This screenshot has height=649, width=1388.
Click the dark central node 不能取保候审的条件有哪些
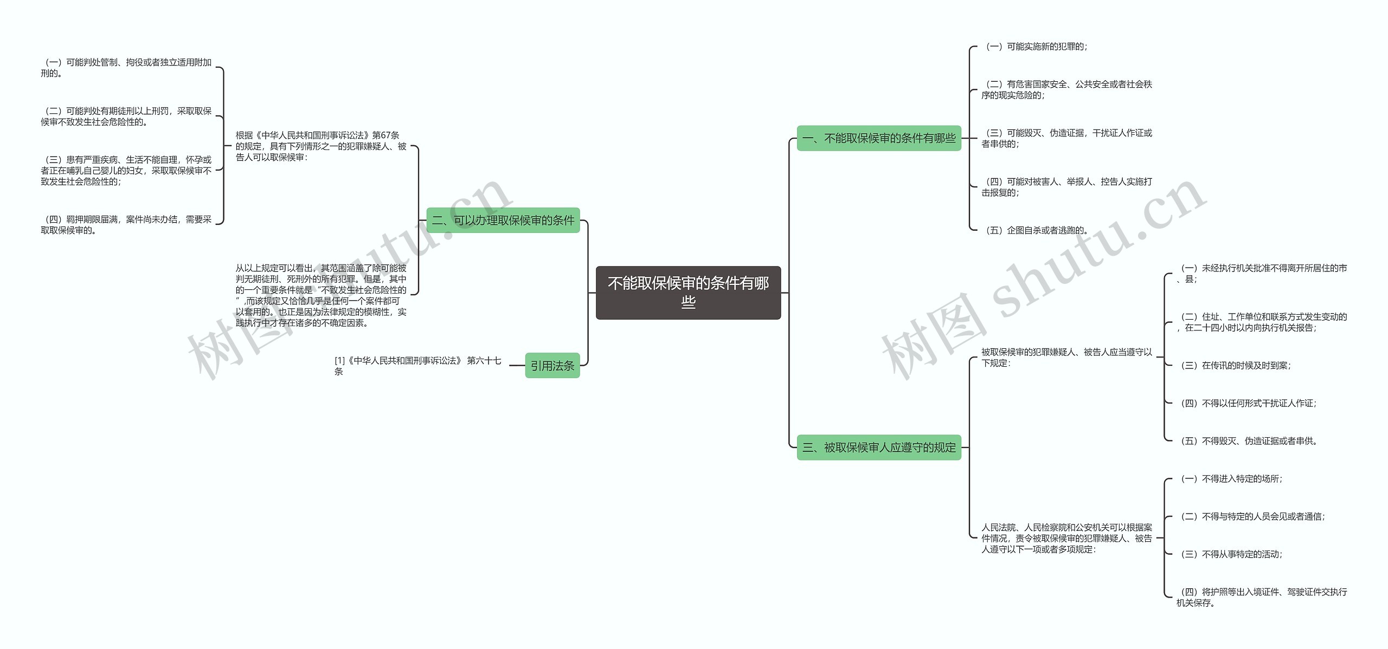tap(688, 293)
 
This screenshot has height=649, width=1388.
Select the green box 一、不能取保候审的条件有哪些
tap(878, 138)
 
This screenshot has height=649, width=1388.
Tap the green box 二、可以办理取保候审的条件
tap(503, 220)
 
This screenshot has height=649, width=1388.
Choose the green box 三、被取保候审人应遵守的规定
tap(878, 447)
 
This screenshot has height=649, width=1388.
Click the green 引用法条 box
tap(552, 366)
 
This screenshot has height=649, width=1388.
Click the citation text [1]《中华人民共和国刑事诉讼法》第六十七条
tap(417, 366)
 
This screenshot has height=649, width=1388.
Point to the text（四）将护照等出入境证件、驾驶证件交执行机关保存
tap(1261, 597)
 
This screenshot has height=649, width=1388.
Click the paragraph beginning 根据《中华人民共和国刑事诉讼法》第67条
tap(321, 146)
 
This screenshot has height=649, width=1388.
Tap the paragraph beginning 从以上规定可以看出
tap(321, 295)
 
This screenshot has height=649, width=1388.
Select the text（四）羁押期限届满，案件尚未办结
tap(126, 225)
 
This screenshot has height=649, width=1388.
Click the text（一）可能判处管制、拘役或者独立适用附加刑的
tap(126, 68)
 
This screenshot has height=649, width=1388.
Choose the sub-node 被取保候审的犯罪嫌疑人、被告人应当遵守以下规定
tap(1066, 358)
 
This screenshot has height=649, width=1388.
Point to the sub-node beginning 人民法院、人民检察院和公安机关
tap(1066, 538)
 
